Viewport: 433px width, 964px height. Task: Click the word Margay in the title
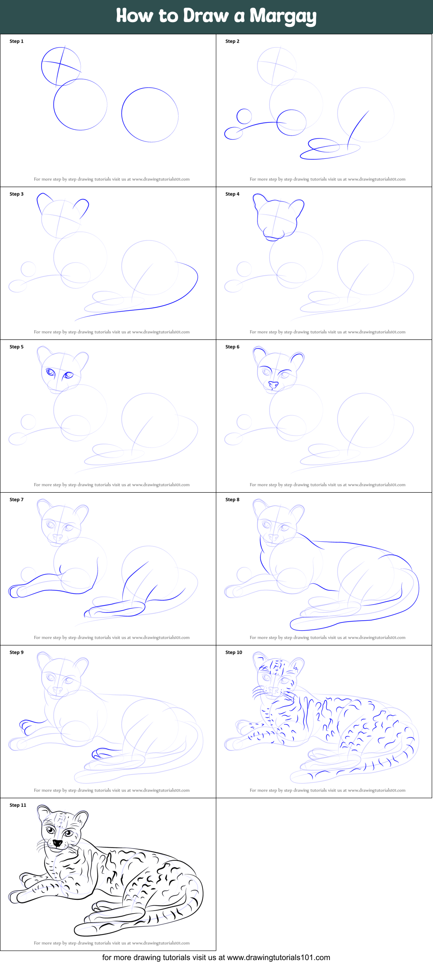(x=283, y=16)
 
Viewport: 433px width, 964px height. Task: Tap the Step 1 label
(x=16, y=41)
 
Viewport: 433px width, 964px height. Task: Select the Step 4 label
(x=232, y=194)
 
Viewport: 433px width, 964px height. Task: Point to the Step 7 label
(x=16, y=500)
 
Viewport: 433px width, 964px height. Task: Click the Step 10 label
(x=234, y=652)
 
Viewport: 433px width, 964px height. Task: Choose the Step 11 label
(x=18, y=805)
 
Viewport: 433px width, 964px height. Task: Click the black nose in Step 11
(x=57, y=843)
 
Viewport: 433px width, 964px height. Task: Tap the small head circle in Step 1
(x=61, y=66)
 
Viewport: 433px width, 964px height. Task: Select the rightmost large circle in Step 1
(x=150, y=115)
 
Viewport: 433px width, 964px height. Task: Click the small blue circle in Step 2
(x=244, y=116)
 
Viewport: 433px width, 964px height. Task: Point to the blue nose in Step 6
(x=273, y=385)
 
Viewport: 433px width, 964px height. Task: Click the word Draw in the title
(x=206, y=16)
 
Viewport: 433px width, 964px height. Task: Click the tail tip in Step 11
(x=80, y=931)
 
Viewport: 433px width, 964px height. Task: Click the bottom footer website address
(x=278, y=957)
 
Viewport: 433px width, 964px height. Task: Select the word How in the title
(x=134, y=16)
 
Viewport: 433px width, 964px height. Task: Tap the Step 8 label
(x=232, y=500)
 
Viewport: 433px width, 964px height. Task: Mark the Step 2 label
(x=232, y=41)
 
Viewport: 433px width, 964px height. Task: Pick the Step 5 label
(x=16, y=347)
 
